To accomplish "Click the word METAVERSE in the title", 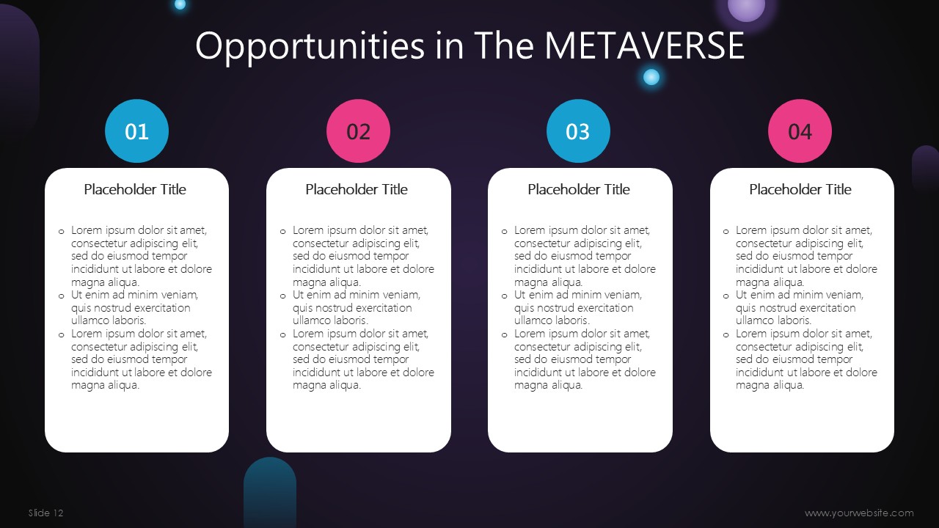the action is click(644, 45).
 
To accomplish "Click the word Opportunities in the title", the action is click(310, 47).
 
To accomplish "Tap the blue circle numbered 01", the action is click(136, 131).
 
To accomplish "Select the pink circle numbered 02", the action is click(359, 131).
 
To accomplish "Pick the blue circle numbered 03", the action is click(579, 131).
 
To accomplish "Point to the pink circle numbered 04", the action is click(800, 131).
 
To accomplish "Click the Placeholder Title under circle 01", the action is click(135, 189).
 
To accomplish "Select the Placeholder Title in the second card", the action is click(357, 189).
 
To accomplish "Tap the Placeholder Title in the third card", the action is click(579, 189).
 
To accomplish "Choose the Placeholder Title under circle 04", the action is click(800, 189).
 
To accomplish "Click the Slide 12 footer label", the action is click(45, 513).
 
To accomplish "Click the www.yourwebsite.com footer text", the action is click(859, 513).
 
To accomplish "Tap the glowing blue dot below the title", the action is click(651, 77).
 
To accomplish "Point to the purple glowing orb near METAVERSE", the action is click(746, 7).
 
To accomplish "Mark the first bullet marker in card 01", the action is click(61, 231).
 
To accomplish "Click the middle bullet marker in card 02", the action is click(283, 296).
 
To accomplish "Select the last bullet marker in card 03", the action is click(504, 335).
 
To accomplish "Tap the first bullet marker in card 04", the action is click(726, 231).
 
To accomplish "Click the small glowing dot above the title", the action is click(180, 4).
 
